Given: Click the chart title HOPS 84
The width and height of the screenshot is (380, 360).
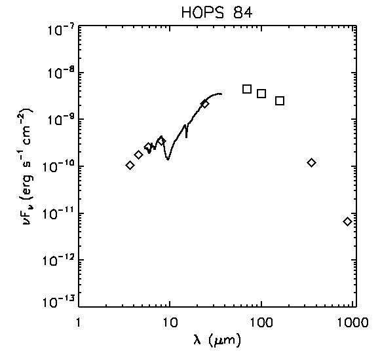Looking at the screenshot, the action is [217, 13].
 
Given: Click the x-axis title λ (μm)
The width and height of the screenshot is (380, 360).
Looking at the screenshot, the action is [217, 340].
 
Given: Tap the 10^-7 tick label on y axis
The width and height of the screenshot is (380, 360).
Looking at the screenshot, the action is [61, 29].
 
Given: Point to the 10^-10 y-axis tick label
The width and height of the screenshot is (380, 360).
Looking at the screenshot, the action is [60, 167].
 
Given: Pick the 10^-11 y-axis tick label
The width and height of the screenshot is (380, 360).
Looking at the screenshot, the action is [60, 215].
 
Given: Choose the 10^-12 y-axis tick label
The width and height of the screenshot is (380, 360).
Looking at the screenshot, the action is [60, 261].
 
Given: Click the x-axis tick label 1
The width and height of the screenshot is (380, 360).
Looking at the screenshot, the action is [78, 322].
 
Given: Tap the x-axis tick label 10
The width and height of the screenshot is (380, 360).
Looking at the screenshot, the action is [170, 322].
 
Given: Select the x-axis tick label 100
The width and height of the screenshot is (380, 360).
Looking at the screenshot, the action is [261, 322].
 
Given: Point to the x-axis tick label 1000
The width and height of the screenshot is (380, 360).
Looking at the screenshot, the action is [353, 322].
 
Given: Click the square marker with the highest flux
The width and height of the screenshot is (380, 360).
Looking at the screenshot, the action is [247, 89].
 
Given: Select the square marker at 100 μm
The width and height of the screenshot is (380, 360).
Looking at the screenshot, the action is [261, 94].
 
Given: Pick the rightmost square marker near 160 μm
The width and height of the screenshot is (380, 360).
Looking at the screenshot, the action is [280, 101].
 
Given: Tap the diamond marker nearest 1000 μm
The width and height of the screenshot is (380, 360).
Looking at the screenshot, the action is [347, 221].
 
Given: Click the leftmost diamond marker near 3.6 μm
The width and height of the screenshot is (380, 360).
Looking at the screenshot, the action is [130, 166].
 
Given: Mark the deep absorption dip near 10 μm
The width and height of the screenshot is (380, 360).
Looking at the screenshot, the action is [168, 158].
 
